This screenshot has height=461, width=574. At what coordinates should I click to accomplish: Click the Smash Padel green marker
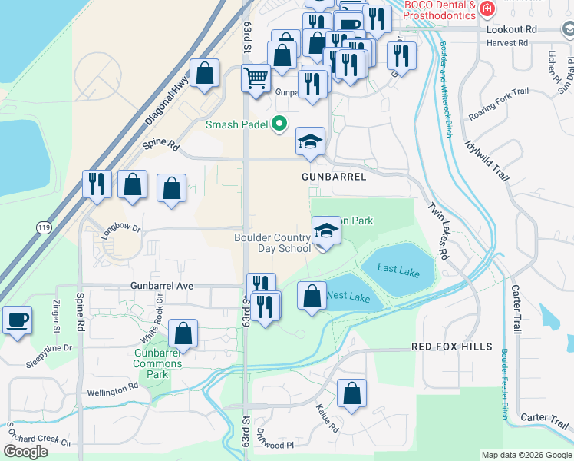click(280, 123)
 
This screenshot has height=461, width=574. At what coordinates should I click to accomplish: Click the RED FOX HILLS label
click(452, 347)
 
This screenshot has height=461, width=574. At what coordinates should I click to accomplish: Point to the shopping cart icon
click(255, 77)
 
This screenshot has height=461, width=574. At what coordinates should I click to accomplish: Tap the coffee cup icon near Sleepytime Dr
click(17, 320)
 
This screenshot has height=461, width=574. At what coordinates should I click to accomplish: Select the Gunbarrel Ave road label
click(163, 286)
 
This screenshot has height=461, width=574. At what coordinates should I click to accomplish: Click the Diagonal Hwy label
click(166, 105)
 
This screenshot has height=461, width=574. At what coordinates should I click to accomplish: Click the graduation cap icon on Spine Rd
click(310, 141)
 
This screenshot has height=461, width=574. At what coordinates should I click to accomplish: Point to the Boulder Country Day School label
click(272, 243)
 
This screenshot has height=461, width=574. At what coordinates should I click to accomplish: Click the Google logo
click(26, 452)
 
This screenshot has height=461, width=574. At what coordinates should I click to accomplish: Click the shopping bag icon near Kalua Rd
click(351, 393)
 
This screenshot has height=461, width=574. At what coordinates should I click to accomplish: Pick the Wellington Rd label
click(112, 390)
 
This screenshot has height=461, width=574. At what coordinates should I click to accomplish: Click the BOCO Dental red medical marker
click(485, 9)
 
